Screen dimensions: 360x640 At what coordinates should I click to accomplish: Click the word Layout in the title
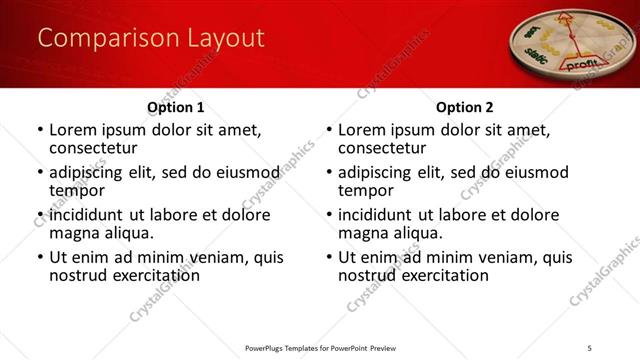pos(223,38)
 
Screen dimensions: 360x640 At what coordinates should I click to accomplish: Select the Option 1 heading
pos(175,106)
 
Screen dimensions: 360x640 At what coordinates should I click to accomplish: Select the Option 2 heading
pos(464,106)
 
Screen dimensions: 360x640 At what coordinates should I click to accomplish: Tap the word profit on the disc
pos(582,63)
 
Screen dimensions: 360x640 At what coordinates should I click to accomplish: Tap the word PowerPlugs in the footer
pos(268,348)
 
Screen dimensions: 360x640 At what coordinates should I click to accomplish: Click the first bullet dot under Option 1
pos(39,130)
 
